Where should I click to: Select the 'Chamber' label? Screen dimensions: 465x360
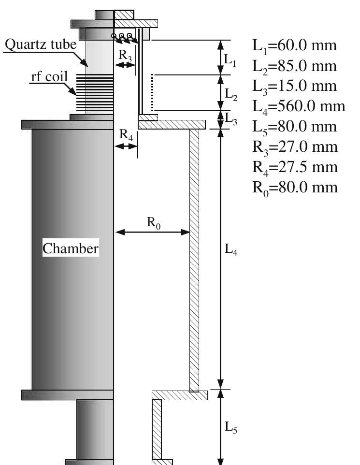[x=71, y=249]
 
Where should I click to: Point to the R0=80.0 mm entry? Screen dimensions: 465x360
[x=295, y=188]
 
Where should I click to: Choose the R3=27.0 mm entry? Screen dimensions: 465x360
[x=295, y=147]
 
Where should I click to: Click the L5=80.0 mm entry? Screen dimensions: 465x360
[x=294, y=127]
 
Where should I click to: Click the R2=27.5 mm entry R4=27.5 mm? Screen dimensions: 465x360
[x=295, y=167]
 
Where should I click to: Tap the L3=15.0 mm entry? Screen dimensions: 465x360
[x=294, y=87]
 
